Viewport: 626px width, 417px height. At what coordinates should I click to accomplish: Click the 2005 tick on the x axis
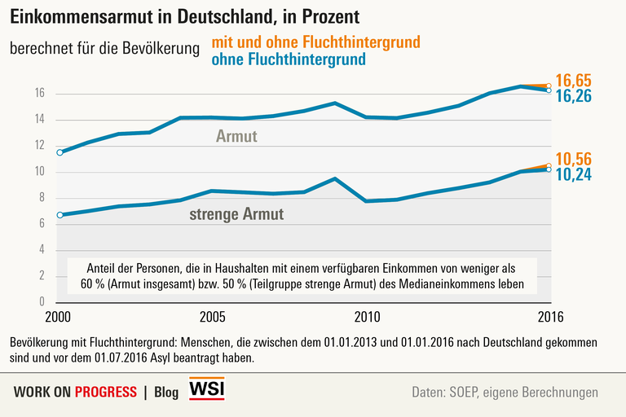pyautogui.click(x=213, y=316)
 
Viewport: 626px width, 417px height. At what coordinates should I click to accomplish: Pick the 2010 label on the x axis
pyautogui.click(x=367, y=316)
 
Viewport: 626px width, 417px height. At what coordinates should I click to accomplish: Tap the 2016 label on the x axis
pyautogui.click(x=549, y=316)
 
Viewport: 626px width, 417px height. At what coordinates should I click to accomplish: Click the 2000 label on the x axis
pyautogui.click(x=59, y=316)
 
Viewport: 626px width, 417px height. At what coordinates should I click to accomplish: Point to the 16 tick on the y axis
pyautogui.click(x=40, y=94)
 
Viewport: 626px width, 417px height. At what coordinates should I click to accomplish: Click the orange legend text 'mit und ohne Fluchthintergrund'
pyautogui.click(x=315, y=42)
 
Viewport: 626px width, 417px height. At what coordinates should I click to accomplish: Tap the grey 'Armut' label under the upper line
pyautogui.click(x=236, y=137)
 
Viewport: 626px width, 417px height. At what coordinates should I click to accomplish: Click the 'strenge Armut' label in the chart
pyautogui.click(x=236, y=215)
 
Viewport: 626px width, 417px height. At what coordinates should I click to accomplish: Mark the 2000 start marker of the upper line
pyautogui.click(x=60, y=152)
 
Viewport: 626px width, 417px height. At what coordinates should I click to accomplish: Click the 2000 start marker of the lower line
pyautogui.click(x=60, y=215)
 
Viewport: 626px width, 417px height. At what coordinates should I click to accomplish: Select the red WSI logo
pyautogui.click(x=206, y=389)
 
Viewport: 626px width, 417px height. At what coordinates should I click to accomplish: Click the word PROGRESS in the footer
pyautogui.click(x=105, y=393)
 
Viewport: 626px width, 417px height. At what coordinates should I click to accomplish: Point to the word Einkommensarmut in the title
pyautogui.click(x=78, y=15)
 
